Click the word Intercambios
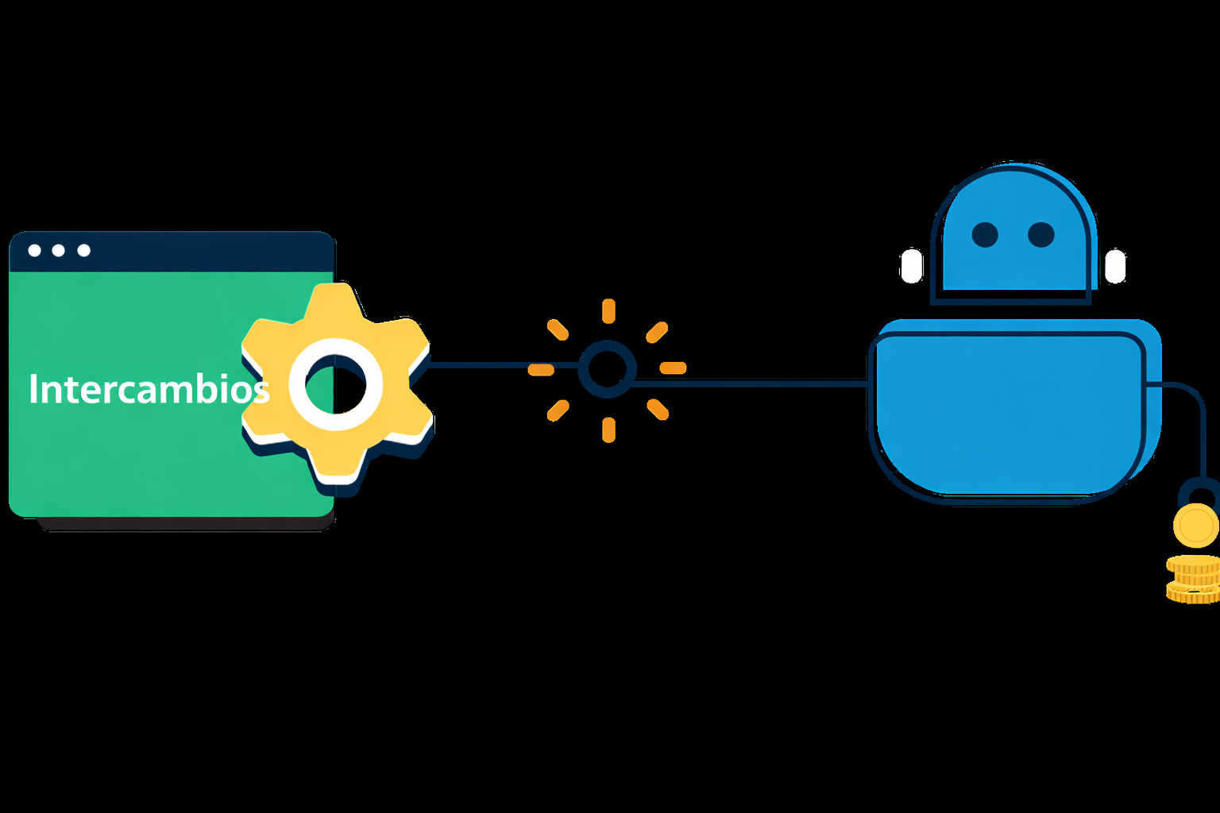(x=149, y=388)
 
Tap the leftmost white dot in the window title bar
(x=34, y=250)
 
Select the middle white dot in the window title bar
(x=58, y=250)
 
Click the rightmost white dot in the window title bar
(x=84, y=250)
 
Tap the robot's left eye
(x=985, y=235)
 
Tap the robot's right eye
(x=1040, y=235)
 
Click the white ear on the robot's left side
(x=911, y=266)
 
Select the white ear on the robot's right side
(x=1115, y=266)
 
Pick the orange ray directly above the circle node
(x=608, y=311)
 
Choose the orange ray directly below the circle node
(x=608, y=430)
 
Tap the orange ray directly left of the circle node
(x=541, y=370)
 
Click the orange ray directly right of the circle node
(x=674, y=368)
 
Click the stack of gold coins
(x=1193, y=580)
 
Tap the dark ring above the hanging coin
(x=1181, y=493)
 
